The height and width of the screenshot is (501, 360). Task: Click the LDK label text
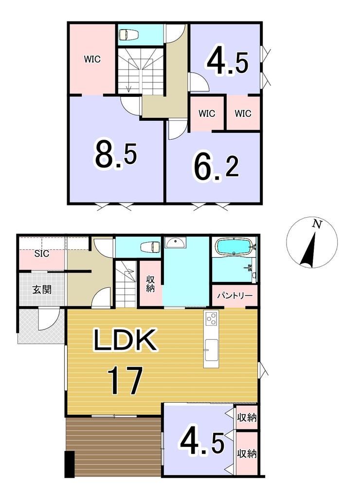(125, 340)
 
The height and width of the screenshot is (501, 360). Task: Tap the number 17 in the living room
(126, 380)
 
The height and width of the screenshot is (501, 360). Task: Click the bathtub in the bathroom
(234, 247)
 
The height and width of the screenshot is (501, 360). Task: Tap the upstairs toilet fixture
(127, 34)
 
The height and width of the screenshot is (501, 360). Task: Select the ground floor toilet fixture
(150, 246)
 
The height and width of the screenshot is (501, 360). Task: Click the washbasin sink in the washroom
(175, 243)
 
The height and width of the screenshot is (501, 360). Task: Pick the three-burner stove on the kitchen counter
(211, 318)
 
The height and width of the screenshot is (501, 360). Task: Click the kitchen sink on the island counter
(211, 350)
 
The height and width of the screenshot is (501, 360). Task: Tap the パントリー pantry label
(234, 295)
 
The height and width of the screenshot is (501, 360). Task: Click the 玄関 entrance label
(42, 290)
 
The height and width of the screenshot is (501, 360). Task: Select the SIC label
(42, 254)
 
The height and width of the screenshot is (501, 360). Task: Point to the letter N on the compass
(317, 224)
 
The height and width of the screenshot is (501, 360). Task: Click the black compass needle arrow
(308, 250)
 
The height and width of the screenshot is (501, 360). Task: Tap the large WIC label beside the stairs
(92, 59)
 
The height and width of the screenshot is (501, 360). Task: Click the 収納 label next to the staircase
(150, 283)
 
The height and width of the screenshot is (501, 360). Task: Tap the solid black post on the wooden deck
(70, 464)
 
